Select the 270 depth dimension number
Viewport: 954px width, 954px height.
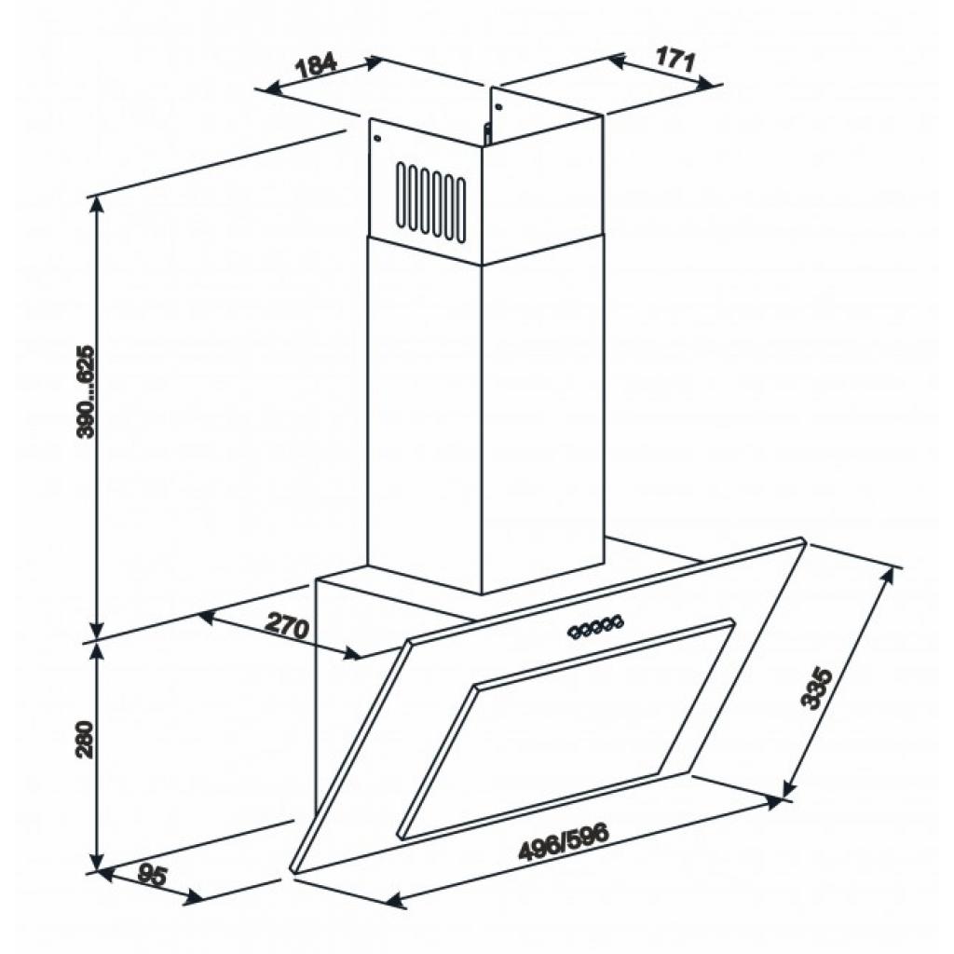click(286, 627)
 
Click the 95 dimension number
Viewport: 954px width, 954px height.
click(151, 875)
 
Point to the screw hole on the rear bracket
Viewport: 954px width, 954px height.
click(498, 105)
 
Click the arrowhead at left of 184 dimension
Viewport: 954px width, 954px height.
click(266, 89)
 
